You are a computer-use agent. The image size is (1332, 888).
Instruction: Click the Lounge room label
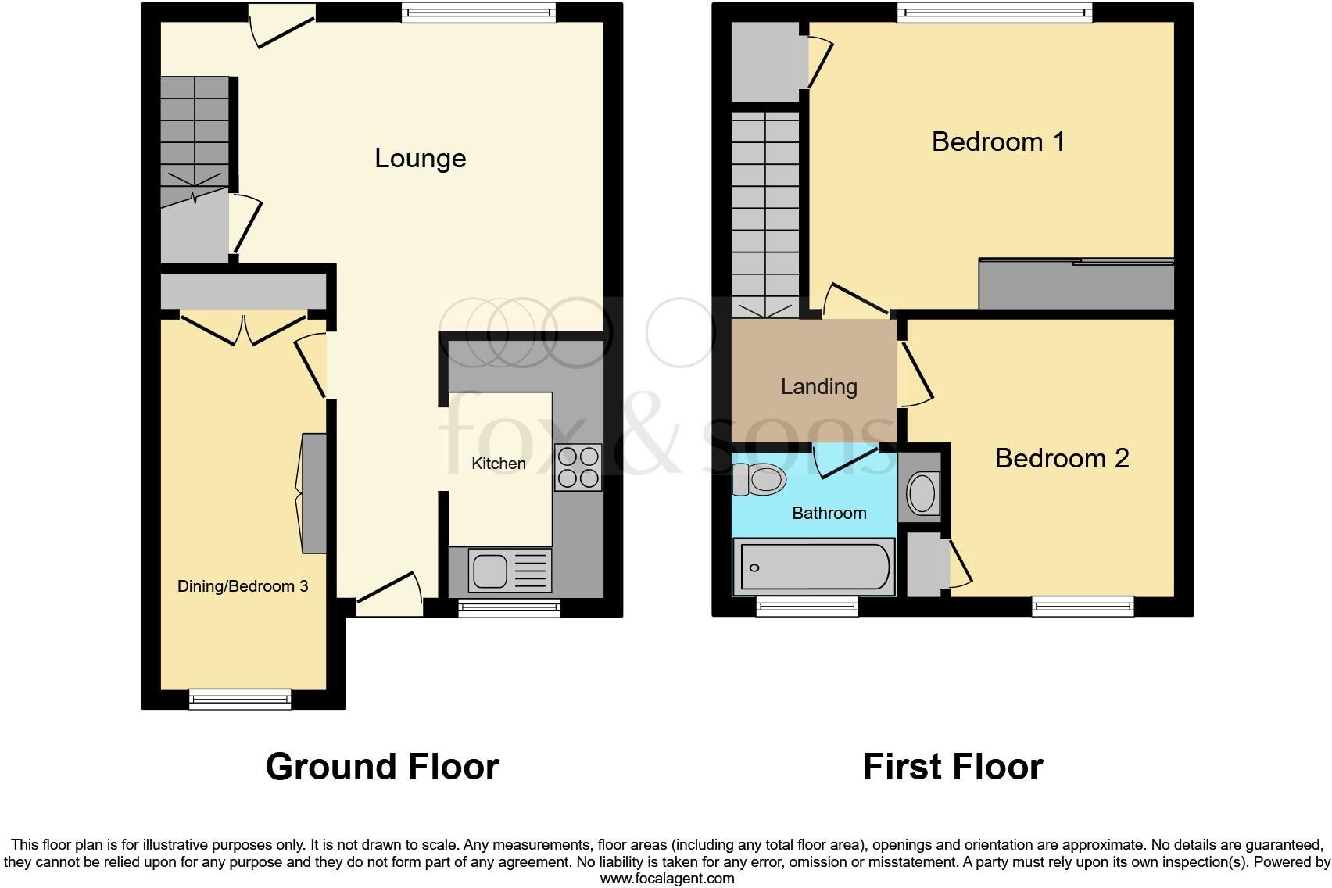coord(420,158)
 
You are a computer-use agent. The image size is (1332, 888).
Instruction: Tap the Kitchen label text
coord(499,464)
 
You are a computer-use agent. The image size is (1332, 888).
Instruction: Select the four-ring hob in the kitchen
coord(578,467)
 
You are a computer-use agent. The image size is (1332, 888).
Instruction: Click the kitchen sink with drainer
coord(510,571)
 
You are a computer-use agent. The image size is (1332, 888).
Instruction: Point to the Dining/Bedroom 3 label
coord(242,586)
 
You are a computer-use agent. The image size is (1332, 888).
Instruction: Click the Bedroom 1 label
coord(998,141)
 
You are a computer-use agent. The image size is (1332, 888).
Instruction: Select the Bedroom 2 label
coord(1062,458)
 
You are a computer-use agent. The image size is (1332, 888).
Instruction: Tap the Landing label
coord(819,386)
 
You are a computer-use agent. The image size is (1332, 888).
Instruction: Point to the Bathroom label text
coord(829,513)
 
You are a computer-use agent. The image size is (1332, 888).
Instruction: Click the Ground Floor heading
coord(382,767)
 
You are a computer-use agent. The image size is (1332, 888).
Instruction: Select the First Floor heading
coord(952,767)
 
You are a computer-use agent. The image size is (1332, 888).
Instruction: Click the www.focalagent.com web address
coord(667,878)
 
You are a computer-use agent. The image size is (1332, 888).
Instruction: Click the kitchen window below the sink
coord(510,608)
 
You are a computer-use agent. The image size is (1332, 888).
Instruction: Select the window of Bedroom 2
coord(1083,606)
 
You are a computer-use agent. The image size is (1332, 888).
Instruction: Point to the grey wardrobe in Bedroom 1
coord(1076,285)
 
